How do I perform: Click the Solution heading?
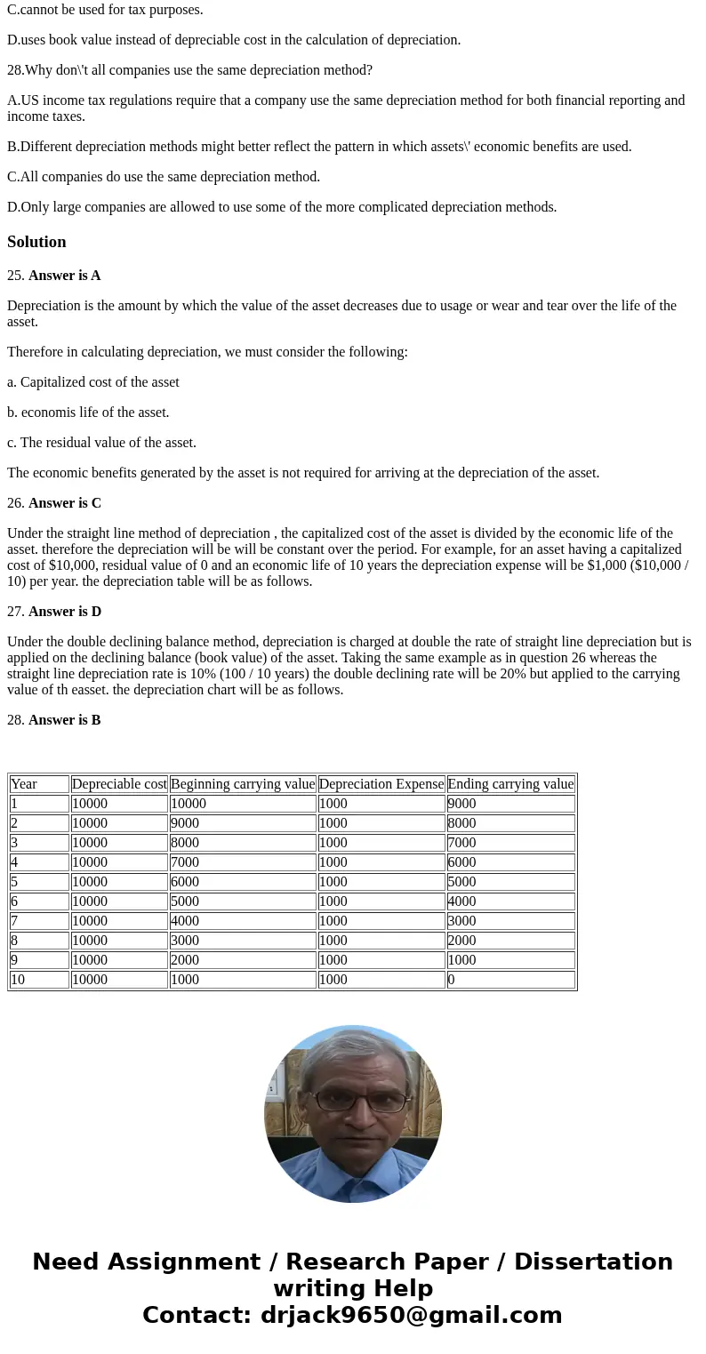point(36,242)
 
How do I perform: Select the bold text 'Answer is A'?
point(64,276)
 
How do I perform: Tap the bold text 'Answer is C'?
point(64,503)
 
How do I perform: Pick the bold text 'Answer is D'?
point(64,612)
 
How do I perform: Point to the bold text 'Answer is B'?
point(64,720)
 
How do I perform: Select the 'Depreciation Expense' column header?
point(381,784)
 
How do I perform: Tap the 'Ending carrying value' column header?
point(510,784)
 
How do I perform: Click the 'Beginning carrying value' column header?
point(243,784)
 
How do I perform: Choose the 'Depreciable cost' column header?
point(119,784)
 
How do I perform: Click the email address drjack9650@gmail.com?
point(411,1316)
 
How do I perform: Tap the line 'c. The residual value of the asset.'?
point(101,443)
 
